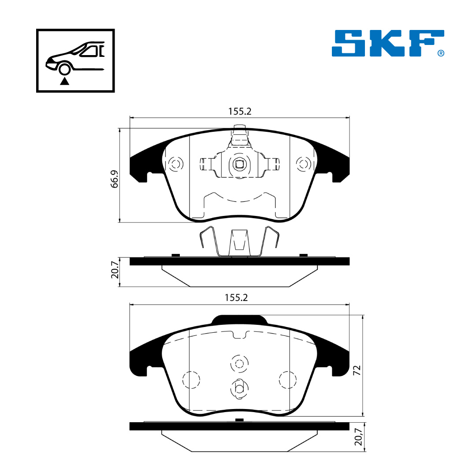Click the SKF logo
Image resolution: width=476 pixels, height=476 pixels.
tap(388, 43)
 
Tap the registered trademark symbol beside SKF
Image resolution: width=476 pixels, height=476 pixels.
tap(441, 53)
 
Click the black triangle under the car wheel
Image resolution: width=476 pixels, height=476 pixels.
tap(64, 81)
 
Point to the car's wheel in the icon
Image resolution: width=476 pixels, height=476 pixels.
tap(64, 69)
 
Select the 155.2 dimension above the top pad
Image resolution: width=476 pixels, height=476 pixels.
tap(240, 112)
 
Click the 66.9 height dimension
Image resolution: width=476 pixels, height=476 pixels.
tap(114, 179)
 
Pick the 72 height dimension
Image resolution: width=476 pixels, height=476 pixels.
tap(357, 370)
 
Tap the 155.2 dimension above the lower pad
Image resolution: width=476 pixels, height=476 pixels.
tap(236, 297)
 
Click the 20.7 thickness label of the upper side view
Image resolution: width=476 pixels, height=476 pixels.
tap(115, 270)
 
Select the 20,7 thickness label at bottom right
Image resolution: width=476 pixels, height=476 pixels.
tap(358, 436)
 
